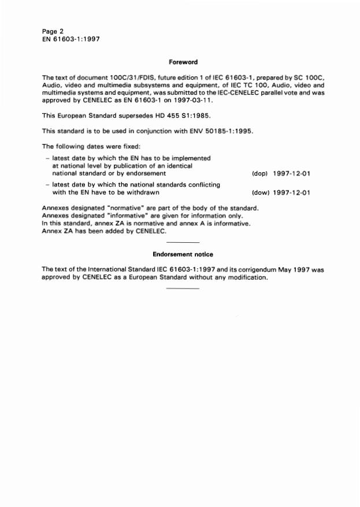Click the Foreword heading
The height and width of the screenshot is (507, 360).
click(x=183, y=62)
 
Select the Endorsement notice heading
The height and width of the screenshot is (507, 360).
click(x=183, y=254)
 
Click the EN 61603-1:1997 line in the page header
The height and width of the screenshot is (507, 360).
click(x=72, y=39)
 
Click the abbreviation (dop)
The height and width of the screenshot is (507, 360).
click(x=259, y=173)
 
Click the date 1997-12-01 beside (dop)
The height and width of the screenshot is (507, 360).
click(x=291, y=173)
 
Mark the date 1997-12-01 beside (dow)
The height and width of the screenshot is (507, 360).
click(x=291, y=193)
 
